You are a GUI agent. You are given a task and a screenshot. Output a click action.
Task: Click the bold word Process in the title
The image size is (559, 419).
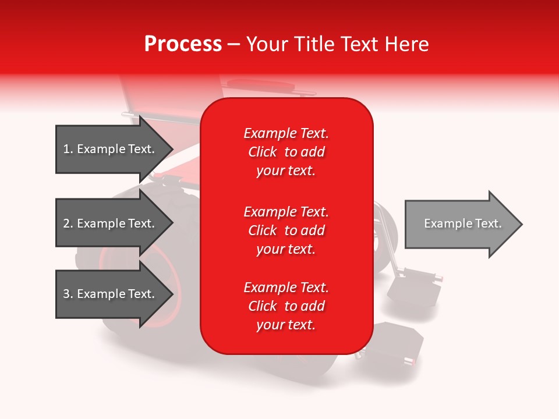183,44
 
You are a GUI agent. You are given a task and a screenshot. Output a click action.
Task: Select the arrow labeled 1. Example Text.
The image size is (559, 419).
111,149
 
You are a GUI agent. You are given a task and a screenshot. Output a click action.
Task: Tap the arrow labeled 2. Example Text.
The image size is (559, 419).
111,223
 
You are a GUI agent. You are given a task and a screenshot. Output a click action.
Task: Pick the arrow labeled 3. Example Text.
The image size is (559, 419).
111,294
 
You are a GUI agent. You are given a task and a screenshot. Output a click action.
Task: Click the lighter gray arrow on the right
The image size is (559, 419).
460,224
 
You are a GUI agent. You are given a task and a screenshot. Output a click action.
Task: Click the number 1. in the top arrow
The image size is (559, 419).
68,149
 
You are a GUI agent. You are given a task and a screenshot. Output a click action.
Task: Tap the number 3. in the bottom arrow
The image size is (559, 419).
68,294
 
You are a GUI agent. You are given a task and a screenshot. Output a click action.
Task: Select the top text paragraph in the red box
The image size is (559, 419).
286,152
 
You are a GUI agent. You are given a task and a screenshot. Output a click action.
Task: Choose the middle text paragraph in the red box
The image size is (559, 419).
286,230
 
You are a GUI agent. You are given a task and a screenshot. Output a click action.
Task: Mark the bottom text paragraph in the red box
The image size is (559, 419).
286,306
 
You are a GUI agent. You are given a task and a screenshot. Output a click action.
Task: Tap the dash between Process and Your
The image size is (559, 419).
233,44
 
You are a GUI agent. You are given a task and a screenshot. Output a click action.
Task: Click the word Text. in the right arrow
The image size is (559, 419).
487,223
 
